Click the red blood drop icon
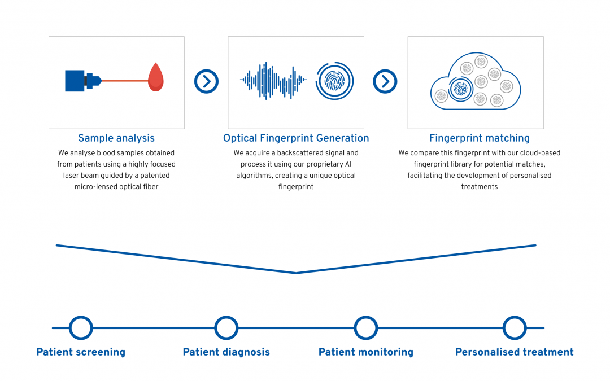coord(156,77)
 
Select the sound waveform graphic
coord(273,81)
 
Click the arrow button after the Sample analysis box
coord(206,81)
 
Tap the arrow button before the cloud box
coord(385,81)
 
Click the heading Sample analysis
coord(116,138)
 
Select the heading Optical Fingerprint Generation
coord(296,138)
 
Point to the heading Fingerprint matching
coord(480,138)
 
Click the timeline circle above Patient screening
coord(81,317)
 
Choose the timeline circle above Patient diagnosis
coord(226,317)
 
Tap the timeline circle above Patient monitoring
coord(365,317)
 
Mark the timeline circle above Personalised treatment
coord(515,317)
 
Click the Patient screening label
coord(81,352)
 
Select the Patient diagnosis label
coord(226,352)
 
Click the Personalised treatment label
coord(515,352)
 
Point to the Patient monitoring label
coord(366,352)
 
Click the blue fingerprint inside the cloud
coord(461,89)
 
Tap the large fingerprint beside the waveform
coord(334,81)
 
